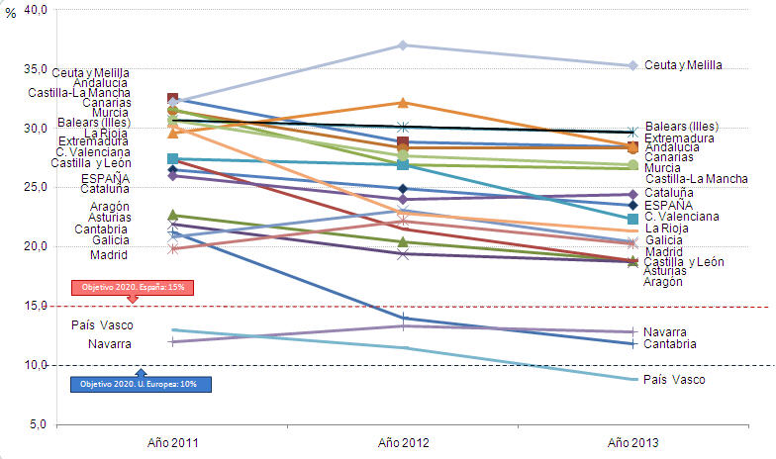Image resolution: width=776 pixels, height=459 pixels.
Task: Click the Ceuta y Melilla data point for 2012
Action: pos(403,46)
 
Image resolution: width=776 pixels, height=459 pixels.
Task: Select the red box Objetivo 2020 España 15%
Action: pos(133,287)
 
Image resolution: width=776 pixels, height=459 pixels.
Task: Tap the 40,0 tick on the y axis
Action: pos(36,10)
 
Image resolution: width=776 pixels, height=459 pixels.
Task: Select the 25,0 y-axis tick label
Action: pos(36,187)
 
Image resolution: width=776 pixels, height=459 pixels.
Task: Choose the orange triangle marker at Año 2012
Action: pos(403,102)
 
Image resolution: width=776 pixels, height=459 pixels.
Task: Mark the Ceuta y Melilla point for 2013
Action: pos(632,65)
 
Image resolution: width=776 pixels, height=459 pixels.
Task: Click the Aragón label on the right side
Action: pos(662,282)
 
